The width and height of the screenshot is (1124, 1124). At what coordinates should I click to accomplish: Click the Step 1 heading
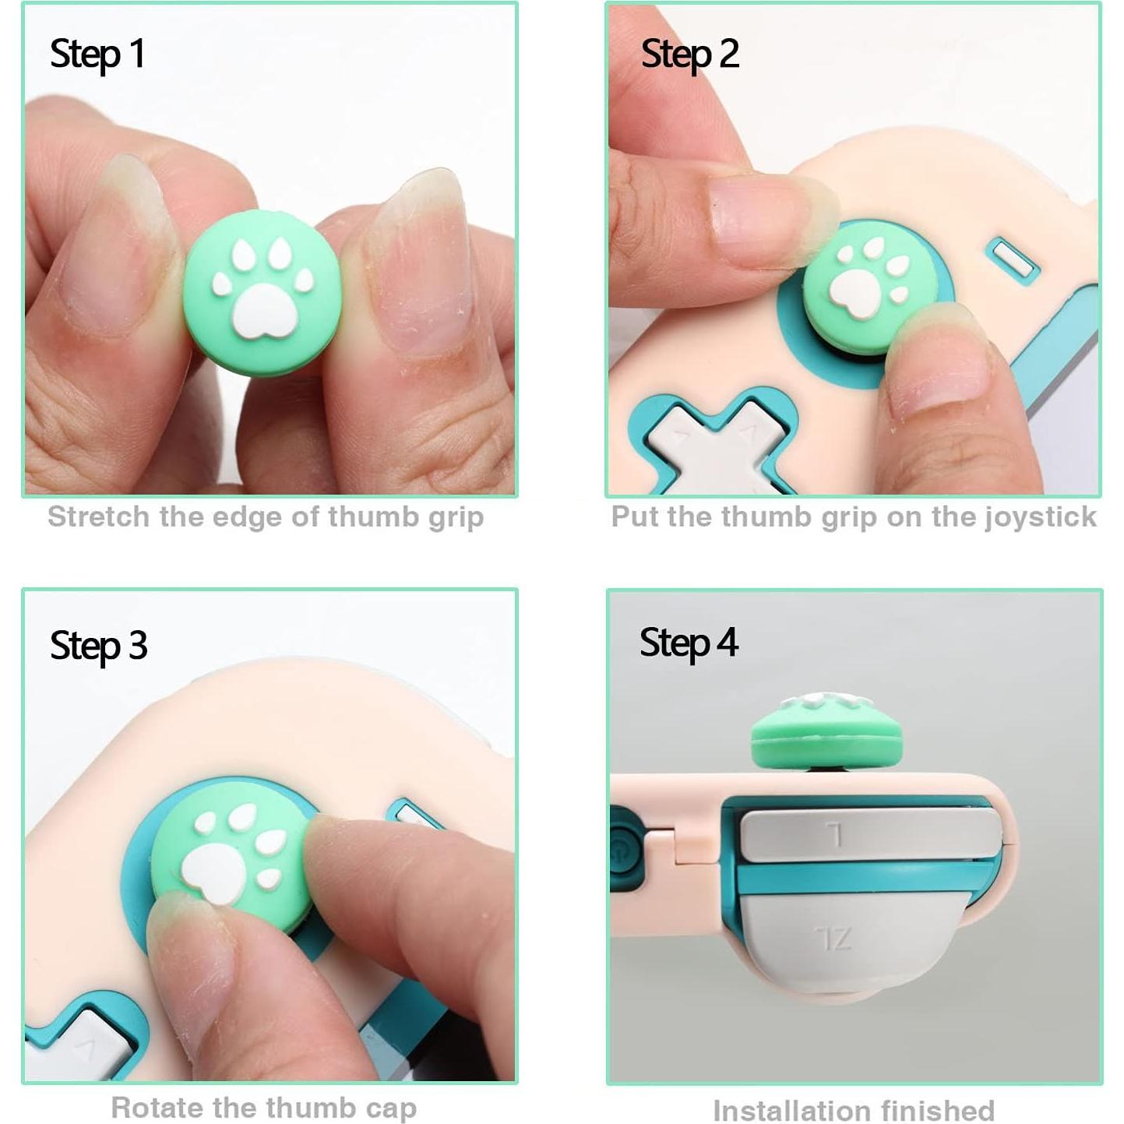pos(97,55)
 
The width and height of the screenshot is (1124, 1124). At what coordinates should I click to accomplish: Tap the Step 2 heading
pos(689,55)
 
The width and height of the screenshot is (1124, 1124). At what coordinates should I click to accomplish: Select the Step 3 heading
pos(98,646)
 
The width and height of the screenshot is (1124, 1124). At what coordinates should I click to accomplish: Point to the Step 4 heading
pos(689,643)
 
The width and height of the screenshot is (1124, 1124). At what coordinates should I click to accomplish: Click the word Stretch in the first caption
pos(99,517)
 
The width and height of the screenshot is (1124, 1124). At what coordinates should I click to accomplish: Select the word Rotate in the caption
pos(156,1108)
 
